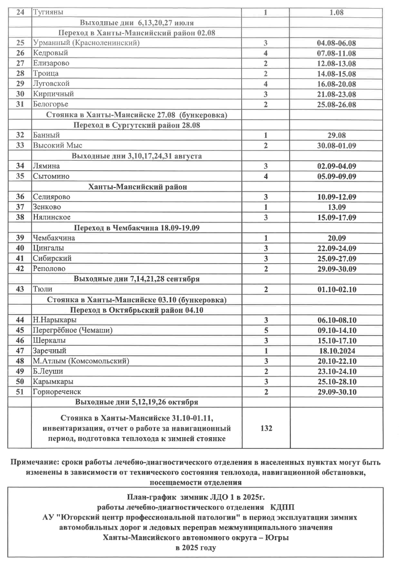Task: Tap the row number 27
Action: pyautogui.click(x=20, y=63)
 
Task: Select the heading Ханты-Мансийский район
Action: pyautogui.click(x=137, y=186)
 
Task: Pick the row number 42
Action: pyautogui.click(x=20, y=268)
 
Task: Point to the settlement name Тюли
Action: pyautogui.click(x=42, y=289)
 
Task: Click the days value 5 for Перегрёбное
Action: pyautogui.click(x=265, y=330)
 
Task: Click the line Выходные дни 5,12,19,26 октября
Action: pyautogui.click(x=136, y=402)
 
